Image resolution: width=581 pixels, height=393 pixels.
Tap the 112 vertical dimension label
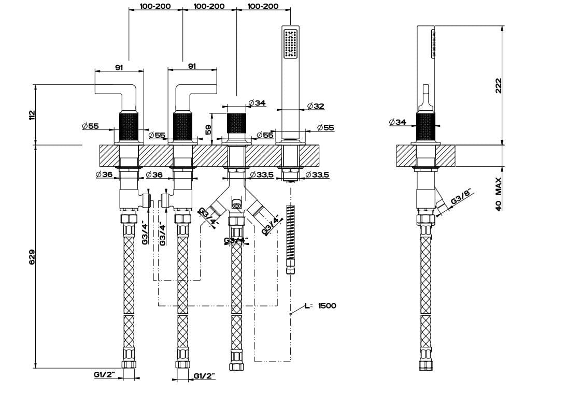click(x=32, y=114)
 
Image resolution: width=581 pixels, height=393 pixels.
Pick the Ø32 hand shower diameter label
click(x=316, y=106)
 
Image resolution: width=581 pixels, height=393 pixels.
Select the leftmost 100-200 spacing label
click(x=155, y=6)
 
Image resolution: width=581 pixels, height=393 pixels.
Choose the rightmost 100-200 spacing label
click(x=263, y=6)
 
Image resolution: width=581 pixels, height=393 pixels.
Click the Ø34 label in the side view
click(x=398, y=122)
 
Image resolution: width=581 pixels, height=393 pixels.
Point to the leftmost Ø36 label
click(x=104, y=174)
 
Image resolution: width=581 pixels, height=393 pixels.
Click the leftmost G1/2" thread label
click(x=104, y=374)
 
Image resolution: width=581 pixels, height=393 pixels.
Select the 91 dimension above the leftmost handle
click(x=119, y=66)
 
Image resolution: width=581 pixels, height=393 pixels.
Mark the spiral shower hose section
click(x=290, y=233)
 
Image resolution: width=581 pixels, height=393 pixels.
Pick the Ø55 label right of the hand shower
click(x=325, y=127)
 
